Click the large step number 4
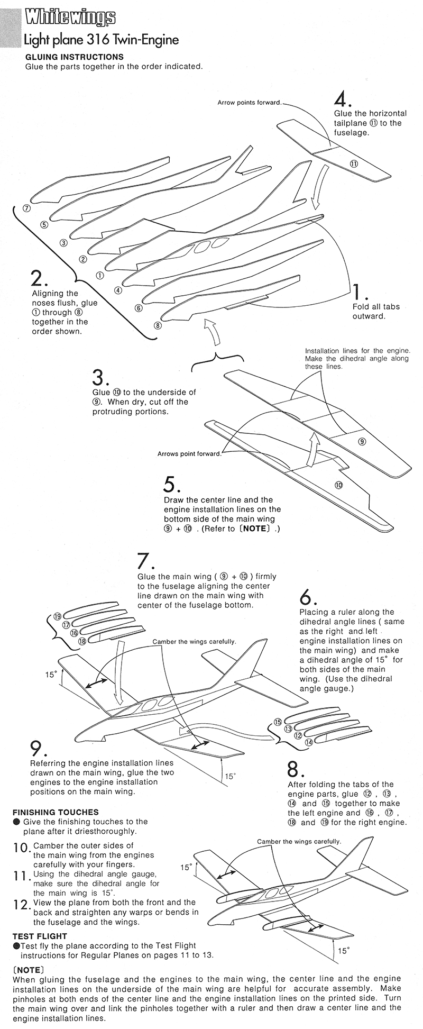click(x=342, y=99)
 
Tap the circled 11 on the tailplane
click(x=354, y=163)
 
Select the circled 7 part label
click(x=27, y=208)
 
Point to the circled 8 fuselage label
click(x=158, y=325)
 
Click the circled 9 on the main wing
click(x=362, y=441)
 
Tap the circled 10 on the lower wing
click(x=338, y=485)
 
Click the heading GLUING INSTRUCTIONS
click(x=75, y=57)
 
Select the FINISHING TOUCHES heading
click(x=56, y=812)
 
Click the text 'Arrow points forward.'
click(x=250, y=103)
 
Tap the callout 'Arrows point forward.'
click(x=189, y=454)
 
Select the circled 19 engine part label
click(x=58, y=616)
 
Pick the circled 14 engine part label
click(x=309, y=742)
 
